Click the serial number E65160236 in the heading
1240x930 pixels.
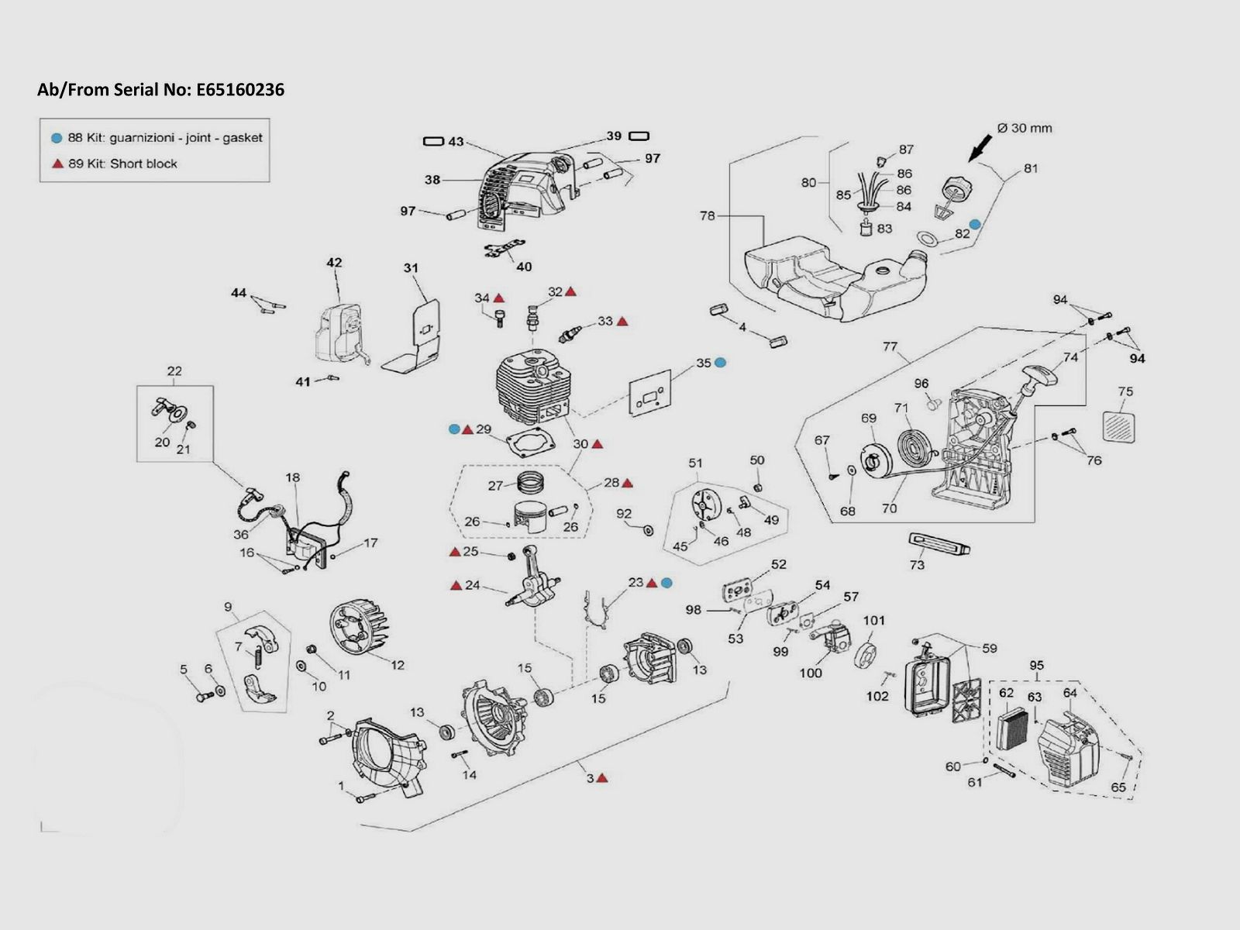[240, 90]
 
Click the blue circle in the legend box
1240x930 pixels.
[56, 138]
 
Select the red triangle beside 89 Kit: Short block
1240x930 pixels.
[57, 164]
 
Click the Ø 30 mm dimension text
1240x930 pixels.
[1025, 128]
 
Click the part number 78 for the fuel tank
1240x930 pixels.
[707, 216]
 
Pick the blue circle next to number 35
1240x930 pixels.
[720, 362]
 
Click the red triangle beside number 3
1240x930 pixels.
[602, 777]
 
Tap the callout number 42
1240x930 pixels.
[334, 263]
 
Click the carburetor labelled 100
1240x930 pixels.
[828, 641]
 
